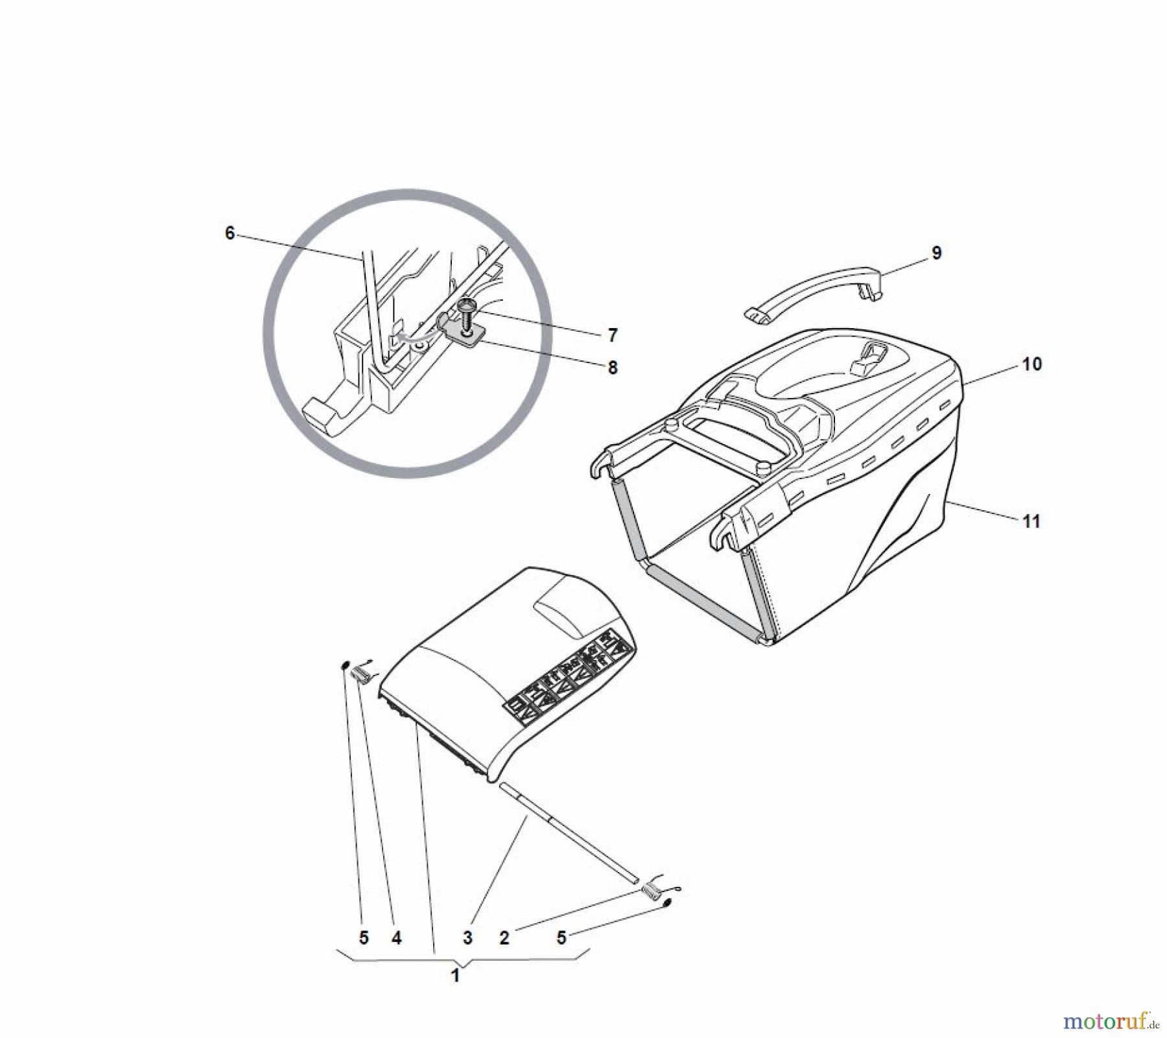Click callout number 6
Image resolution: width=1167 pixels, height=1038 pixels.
point(230,233)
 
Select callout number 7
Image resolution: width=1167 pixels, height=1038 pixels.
point(613,335)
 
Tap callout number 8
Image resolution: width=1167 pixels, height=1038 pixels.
point(613,368)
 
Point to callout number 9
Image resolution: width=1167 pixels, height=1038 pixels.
point(936,253)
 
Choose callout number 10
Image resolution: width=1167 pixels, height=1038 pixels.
point(1032,364)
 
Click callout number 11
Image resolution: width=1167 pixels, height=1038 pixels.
point(1031,521)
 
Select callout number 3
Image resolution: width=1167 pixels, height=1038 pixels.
point(467,938)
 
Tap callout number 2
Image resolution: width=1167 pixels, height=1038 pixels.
point(504,938)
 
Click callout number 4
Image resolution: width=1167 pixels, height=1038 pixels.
point(396,938)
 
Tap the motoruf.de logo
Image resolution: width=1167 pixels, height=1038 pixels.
point(1111,1021)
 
